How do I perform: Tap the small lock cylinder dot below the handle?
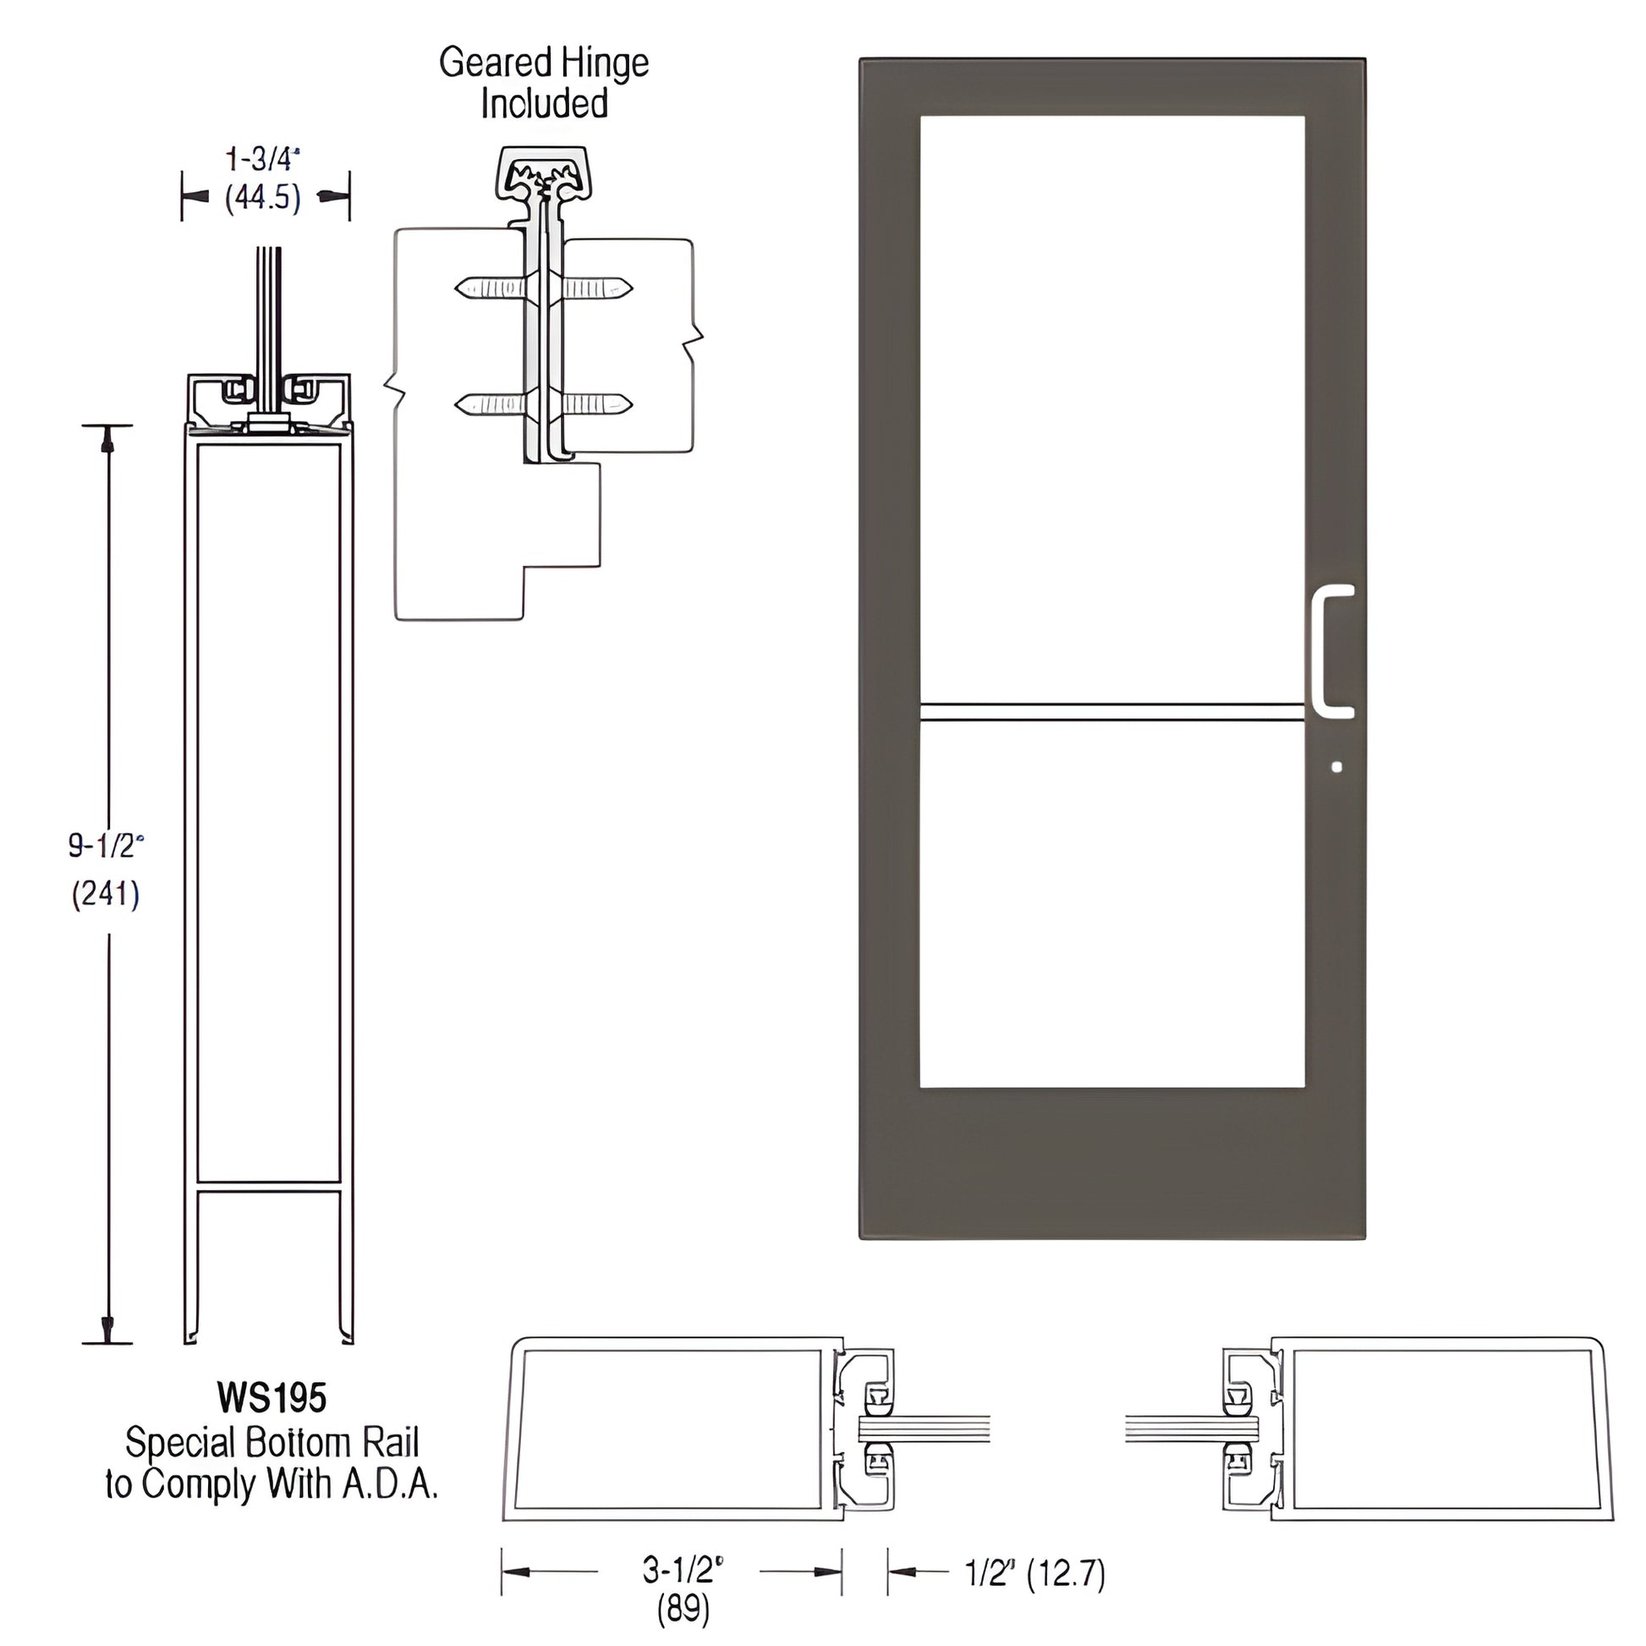(x=1336, y=767)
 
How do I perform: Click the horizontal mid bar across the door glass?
(x=1111, y=712)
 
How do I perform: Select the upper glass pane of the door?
(x=1111, y=409)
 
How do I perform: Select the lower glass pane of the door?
(x=1111, y=903)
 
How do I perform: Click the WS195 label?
(x=272, y=1398)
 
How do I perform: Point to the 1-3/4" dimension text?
(x=263, y=159)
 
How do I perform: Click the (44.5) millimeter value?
(x=263, y=199)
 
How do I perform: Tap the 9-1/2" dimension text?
(x=106, y=845)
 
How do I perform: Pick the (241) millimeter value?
(x=106, y=894)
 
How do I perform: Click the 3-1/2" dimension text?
(x=683, y=1569)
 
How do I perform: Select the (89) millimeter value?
(x=683, y=1609)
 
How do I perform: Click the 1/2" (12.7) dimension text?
(x=1034, y=1572)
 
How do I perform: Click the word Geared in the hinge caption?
(x=495, y=63)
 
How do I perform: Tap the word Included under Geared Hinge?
(x=544, y=104)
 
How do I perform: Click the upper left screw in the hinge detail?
(x=491, y=288)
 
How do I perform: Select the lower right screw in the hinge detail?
(x=595, y=403)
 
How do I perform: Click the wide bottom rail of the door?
(x=1111, y=1163)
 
